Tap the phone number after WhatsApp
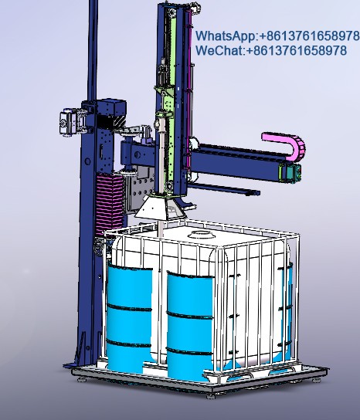309,36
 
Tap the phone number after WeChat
296,50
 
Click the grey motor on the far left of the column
66,121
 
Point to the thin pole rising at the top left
92,46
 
